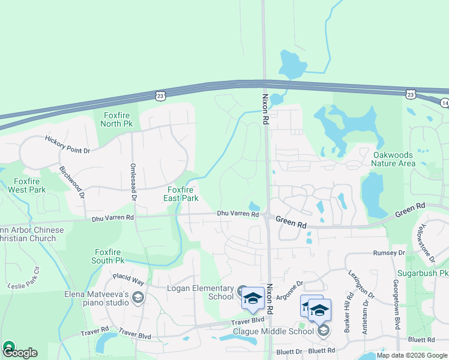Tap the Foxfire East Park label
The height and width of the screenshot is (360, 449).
coord(182,194)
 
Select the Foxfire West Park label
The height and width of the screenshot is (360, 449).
coord(26,185)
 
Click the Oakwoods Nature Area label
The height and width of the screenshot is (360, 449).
coord(393,158)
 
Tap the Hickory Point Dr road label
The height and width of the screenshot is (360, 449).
coord(67,145)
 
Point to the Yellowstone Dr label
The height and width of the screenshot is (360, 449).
coord(427,242)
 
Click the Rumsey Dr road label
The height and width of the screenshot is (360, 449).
coord(389,253)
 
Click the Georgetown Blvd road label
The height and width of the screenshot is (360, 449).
coord(397,304)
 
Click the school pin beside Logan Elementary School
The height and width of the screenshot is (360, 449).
coord(253,298)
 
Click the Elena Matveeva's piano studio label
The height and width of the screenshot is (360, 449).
coord(97,298)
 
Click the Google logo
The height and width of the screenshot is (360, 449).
coord(19,352)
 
